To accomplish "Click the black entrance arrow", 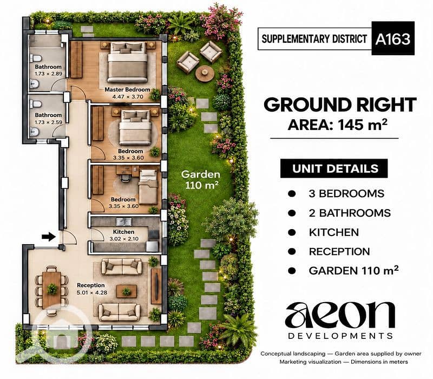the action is pyautogui.click(x=49, y=237).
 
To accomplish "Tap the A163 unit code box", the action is pyautogui.click(x=393, y=38).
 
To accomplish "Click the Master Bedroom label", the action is pyautogui.click(x=127, y=89).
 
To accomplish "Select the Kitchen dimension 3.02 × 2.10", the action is pyautogui.click(x=124, y=239).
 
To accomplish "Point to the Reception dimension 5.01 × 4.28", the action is pyautogui.click(x=92, y=292).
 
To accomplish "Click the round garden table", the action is pyautogui.click(x=205, y=74).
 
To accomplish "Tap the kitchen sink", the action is pyautogui.click(x=124, y=221).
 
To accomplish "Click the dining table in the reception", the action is pyautogui.click(x=51, y=290).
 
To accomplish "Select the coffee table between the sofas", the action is pyautogui.click(x=127, y=291).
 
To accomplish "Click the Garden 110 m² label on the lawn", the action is pyautogui.click(x=201, y=180).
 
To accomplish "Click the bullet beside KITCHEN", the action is pyautogui.click(x=292, y=232).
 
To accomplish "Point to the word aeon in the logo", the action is pyautogui.click(x=340, y=315).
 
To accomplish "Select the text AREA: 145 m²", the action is pyautogui.click(x=337, y=125).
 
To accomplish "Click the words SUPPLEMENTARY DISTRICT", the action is pyautogui.click(x=314, y=39).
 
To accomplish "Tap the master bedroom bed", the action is pyautogui.click(x=127, y=62).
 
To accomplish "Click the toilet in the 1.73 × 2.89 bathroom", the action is pyautogui.click(x=36, y=58).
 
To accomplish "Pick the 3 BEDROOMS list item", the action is pyautogui.click(x=346, y=194).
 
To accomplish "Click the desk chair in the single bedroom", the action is pyautogui.click(x=125, y=178).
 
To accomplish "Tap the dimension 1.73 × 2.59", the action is pyautogui.click(x=48, y=122).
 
